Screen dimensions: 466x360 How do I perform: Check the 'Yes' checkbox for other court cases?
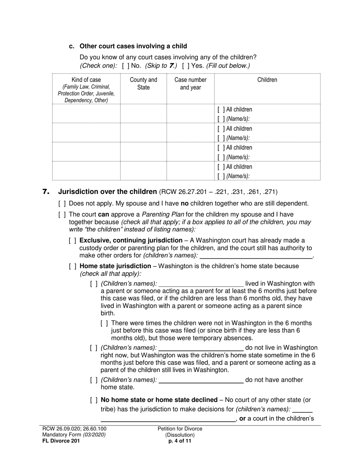185,66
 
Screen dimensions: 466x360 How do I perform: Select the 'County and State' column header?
143,84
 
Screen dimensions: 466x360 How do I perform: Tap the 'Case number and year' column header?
190,84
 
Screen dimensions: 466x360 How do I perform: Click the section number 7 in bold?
46,192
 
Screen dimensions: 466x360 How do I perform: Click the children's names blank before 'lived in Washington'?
201,284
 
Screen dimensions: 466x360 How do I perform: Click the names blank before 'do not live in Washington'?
201,348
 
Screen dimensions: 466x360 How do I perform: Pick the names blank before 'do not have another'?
201,380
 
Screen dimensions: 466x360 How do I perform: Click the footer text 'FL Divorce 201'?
61,441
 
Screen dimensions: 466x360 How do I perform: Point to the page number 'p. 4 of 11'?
180,441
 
